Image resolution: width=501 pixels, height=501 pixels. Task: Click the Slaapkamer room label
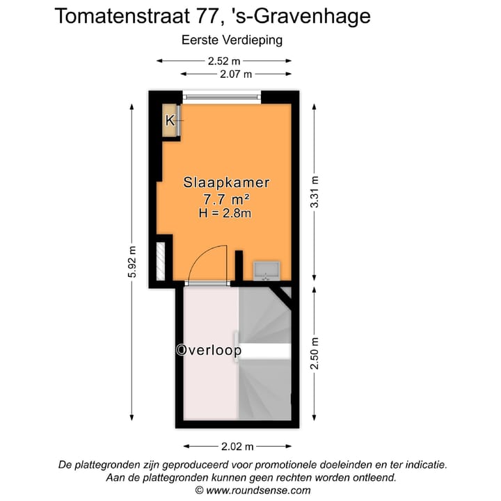pos(226,183)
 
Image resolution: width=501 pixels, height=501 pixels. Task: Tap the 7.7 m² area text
pos(226,199)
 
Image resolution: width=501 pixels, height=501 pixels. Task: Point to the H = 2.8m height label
pos(225,214)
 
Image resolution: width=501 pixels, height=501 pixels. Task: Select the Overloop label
pos(209,351)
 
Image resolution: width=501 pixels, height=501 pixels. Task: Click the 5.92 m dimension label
pos(132,262)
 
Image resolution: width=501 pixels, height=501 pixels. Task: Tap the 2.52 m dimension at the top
pos(224,61)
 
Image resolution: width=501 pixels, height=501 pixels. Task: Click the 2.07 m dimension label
pos(236,73)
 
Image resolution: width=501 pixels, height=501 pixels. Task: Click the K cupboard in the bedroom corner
pos(170,120)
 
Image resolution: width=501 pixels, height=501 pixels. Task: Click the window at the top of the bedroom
pos(222,97)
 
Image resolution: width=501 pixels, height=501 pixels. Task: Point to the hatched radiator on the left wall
pos(161,260)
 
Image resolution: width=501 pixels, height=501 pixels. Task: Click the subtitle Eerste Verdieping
pos(232,40)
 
